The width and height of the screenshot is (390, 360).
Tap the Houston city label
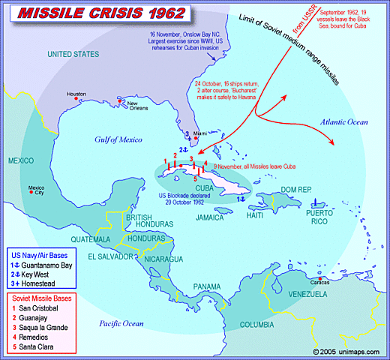pyautogui.click(x=76, y=94)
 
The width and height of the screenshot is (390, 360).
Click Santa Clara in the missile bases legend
pyautogui.click(x=42, y=347)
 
